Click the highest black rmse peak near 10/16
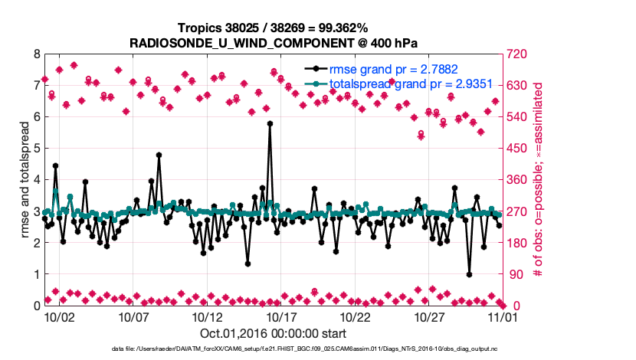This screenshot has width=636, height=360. pos(270,123)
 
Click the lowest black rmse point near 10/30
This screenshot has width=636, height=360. pos(469,274)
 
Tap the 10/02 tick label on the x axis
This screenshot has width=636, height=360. pos(59,316)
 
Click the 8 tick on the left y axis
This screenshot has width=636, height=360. pos(36,54)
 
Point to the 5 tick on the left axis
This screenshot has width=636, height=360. pos(36,149)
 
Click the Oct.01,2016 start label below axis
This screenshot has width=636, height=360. pos(273,333)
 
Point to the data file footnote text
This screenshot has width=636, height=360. pos(305,349)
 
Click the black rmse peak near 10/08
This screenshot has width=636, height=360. pos(159,155)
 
